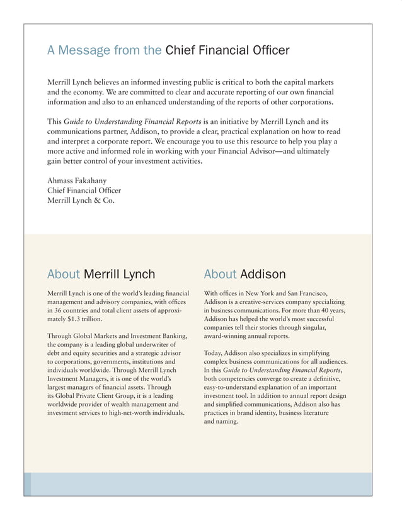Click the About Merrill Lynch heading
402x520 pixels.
101,274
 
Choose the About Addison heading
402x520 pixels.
244,274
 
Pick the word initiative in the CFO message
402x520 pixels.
238,121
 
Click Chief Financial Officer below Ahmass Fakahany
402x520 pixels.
84,190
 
